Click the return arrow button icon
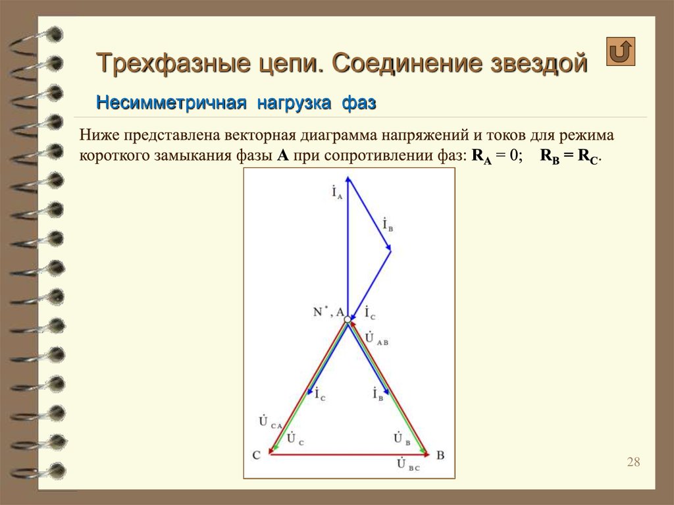[621, 51]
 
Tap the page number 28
[633, 462]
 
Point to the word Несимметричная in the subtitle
[171, 103]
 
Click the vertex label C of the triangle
[256, 455]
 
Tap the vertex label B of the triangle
[440, 455]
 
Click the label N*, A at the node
[328, 312]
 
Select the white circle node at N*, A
[348, 319]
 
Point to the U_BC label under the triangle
[407, 465]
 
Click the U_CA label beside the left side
[270, 421]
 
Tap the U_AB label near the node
[376, 338]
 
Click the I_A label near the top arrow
[337, 192]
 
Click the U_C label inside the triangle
[295, 439]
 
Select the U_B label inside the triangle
[402, 439]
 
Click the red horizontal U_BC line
[349, 454]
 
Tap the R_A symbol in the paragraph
[481, 156]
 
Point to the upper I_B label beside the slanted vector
[388, 225]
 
